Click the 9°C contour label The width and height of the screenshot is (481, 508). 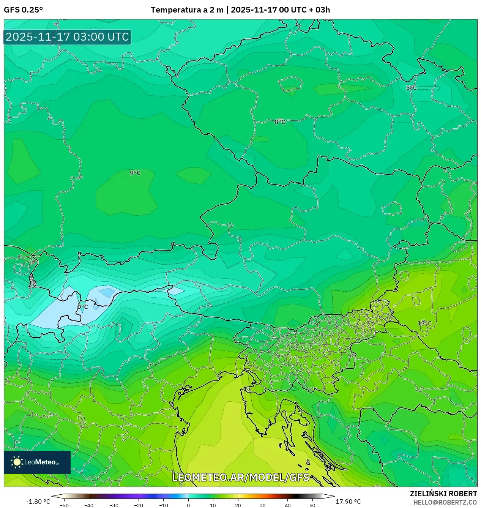(135, 173)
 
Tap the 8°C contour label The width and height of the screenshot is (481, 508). (280, 122)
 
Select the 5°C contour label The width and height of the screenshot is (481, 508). (411, 88)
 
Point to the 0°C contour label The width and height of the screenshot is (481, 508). (82, 307)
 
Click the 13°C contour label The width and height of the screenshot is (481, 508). (424, 323)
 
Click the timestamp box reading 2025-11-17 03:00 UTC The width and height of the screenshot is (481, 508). (67, 37)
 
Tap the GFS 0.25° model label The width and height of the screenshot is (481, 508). (23, 10)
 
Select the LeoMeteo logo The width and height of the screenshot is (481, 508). (37, 462)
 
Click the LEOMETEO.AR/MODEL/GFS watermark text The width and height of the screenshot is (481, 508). (241, 477)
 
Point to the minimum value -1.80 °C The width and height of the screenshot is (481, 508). (38, 502)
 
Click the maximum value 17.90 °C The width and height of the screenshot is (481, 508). (348, 502)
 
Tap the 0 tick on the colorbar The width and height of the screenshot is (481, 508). (188, 505)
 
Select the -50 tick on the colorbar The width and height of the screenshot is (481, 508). (64, 505)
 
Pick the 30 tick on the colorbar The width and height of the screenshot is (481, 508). (263, 505)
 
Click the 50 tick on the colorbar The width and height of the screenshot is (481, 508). (312, 505)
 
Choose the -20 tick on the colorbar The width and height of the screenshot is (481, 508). (139, 505)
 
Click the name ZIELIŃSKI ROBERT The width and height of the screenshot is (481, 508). (443, 494)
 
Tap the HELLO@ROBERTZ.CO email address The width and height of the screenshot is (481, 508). (445, 502)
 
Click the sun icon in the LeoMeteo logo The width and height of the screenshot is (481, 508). (17, 462)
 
